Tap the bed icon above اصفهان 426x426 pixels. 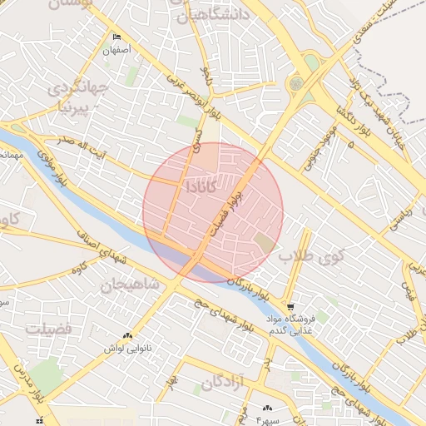click(x=116, y=37)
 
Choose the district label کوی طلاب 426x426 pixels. click(x=311, y=256)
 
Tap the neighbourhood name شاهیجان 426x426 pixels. click(x=129, y=285)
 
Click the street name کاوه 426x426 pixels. click(x=79, y=269)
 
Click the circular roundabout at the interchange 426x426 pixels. click(x=295, y=83)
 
